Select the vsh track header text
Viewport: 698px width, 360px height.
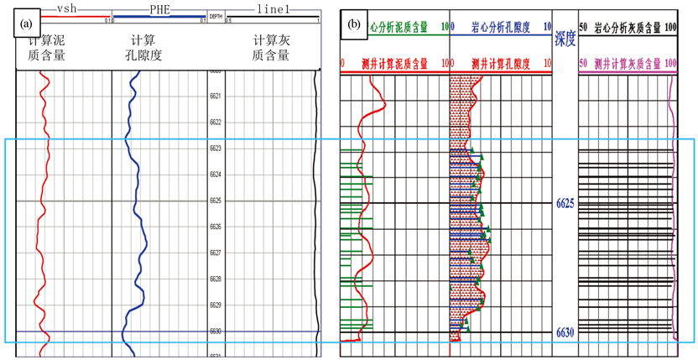coord(65,7)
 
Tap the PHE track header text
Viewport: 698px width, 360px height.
coord(159,7)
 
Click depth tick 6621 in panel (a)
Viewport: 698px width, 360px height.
coord(215,97)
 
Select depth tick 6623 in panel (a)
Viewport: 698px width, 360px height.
coord(215,149)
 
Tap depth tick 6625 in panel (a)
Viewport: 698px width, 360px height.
coord(215,201)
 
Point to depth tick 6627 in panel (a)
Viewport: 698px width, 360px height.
coord(215,253)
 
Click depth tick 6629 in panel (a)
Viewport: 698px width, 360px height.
coord(215,305)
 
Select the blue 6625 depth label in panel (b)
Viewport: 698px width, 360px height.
coord(565,203)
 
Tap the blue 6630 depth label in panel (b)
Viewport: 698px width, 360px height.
coord(565,333)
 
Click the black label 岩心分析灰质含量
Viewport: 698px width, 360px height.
coord(628,28)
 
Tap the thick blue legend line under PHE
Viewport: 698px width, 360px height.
coord(159,17)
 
